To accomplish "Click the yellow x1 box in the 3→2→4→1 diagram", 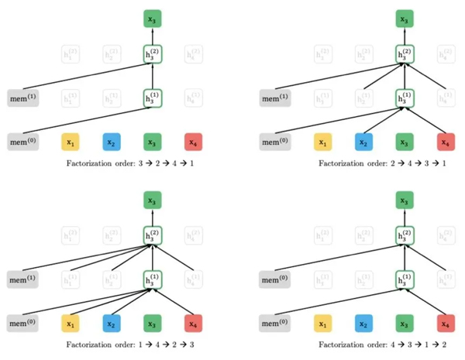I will (x=71, y=142).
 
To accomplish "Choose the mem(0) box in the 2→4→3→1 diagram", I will (x=274, y=142).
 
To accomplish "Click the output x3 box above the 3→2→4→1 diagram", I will (x=153, y=18).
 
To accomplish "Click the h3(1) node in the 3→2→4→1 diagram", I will (x=153, y=98).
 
